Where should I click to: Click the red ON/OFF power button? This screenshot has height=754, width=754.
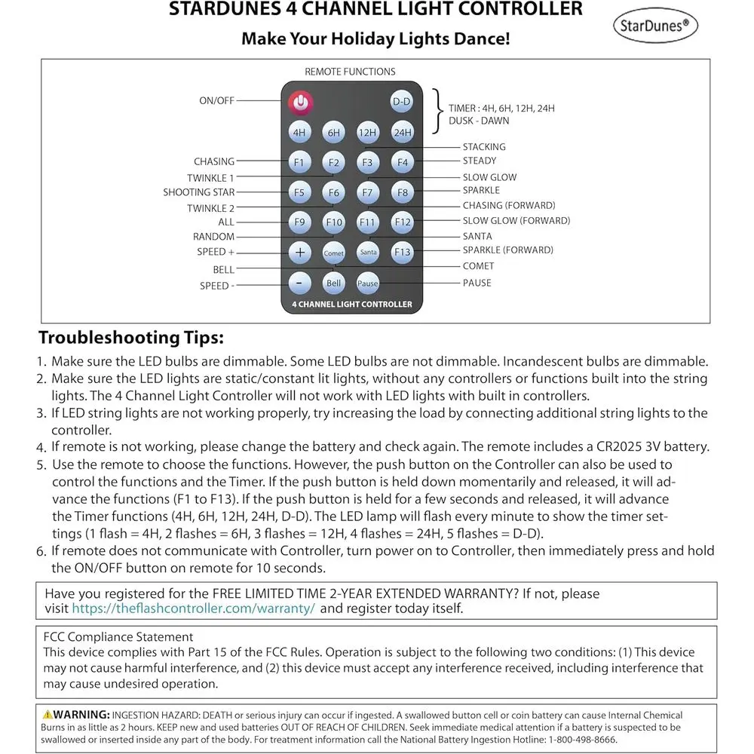click(300, 100)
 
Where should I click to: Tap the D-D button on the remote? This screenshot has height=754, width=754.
click(401, 101)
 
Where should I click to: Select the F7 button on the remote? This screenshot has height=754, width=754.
click(367, 192)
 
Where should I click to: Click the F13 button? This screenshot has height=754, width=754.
click(402, 252)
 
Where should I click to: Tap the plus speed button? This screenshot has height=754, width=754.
click(300, 252)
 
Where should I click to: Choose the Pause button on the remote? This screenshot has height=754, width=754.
click(367, 284)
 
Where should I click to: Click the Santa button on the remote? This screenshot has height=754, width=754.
click(367, 252)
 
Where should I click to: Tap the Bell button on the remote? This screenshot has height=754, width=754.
click(333, 284)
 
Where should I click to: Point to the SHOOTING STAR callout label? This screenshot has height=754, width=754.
click(198, 192)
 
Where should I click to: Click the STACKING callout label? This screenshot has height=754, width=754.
click(484, 147)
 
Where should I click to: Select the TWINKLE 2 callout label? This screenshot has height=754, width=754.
click(210, 208)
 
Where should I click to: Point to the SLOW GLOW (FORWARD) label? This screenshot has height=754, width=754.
click(516, 221)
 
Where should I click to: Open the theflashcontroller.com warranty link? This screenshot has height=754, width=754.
click(193, 608)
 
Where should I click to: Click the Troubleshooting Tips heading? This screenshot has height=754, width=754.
click(131, 337)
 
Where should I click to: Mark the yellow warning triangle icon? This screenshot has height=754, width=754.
click(48, 714)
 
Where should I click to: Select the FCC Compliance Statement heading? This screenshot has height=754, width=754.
click(118, 637)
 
